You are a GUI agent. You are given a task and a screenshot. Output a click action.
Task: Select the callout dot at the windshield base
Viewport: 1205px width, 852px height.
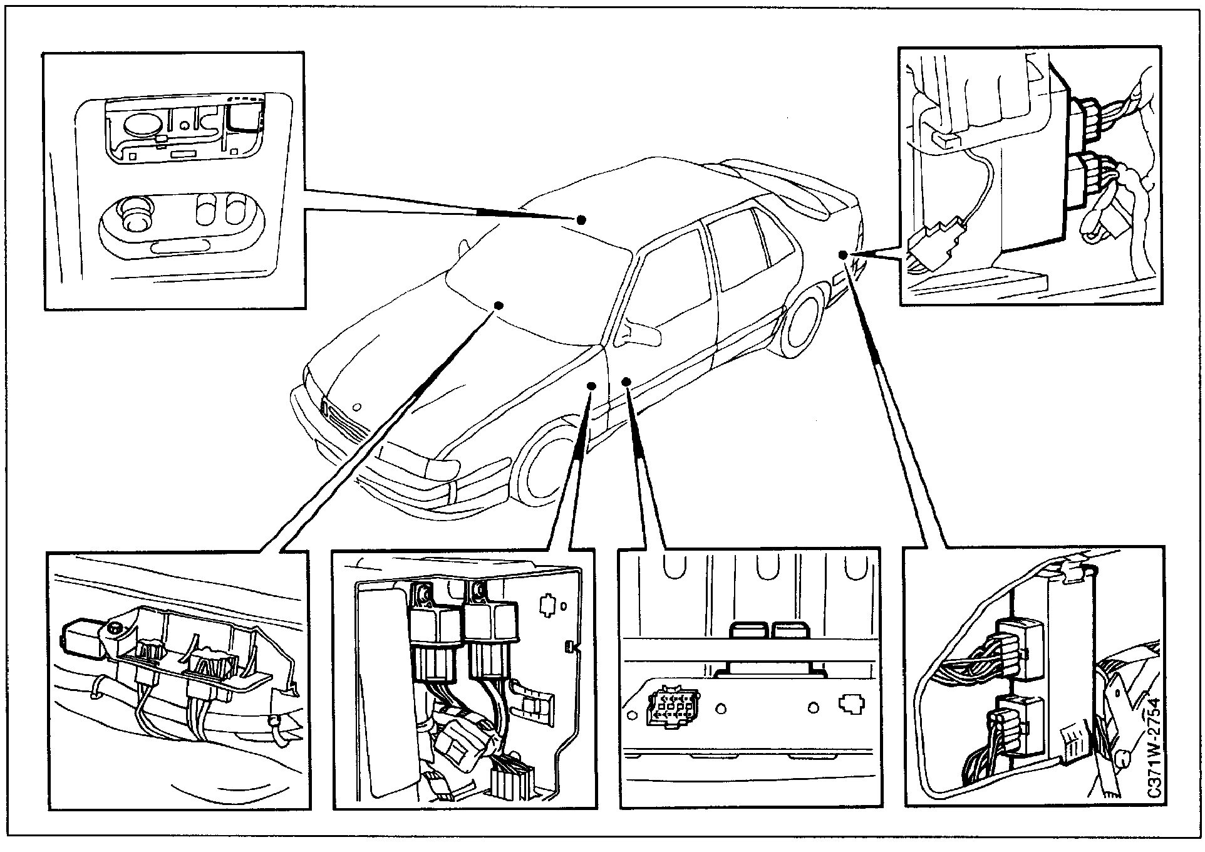coord(499,305)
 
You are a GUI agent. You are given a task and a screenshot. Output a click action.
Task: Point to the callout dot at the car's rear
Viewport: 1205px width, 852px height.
coord(843,254)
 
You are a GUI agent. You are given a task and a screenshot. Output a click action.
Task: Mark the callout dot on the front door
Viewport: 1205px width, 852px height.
coord(626,381)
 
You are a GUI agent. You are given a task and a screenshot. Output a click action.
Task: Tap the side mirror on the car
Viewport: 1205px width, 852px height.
coord(639,333)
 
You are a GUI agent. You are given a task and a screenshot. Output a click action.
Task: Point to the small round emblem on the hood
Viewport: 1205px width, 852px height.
coord(356,405)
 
